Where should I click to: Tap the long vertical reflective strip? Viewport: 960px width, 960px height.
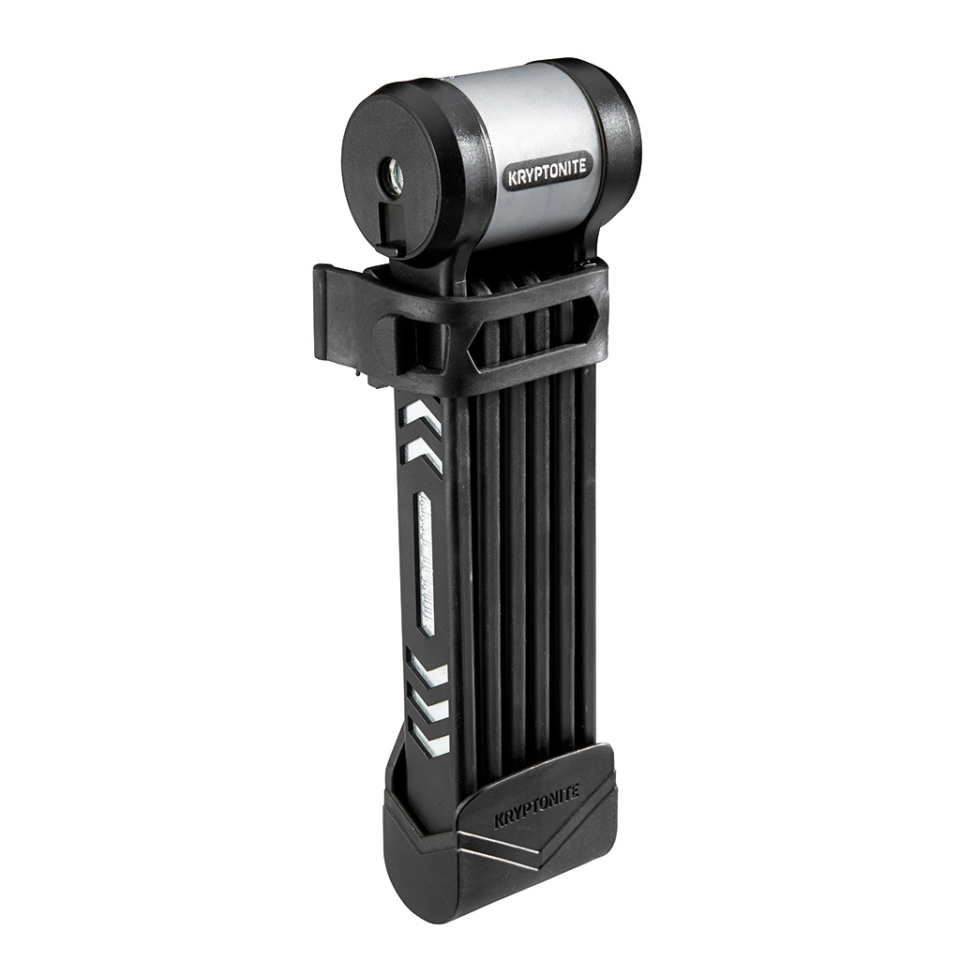click(425, 562)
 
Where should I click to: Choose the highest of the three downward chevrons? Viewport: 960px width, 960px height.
click(427, 671)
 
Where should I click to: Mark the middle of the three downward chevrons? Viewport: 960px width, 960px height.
click(429, 705)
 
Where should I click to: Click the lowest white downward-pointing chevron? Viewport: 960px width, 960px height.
click(431, 741)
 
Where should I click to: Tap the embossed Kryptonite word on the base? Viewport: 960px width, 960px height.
click(536, 806)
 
